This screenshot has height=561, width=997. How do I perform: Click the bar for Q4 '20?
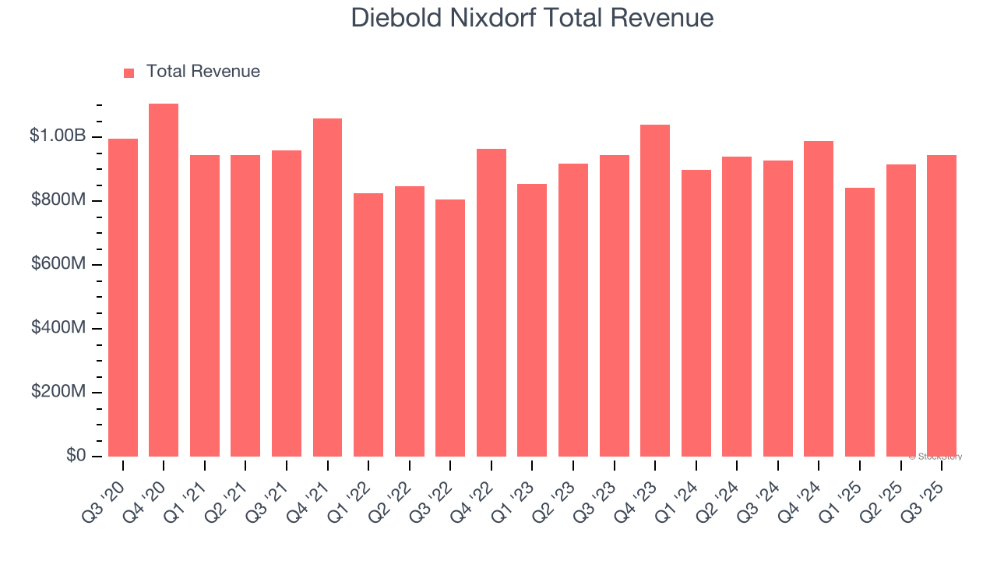coord(164,280)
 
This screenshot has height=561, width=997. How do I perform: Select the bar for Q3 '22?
coord(450,328)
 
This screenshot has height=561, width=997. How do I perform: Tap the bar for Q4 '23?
coord(655,291)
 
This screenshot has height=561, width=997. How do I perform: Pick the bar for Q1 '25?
coord(860,322)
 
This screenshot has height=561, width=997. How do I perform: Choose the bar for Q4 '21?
coord(327,288)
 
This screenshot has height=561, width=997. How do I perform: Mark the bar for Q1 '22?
coord(368,325)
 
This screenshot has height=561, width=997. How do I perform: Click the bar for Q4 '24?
coord(819,299)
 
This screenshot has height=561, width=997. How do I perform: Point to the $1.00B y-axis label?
coord(58,136)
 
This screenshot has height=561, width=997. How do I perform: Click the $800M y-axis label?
coord(58,200)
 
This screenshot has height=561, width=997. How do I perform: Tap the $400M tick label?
coord(58,328)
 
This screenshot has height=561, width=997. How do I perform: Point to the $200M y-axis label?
coord(58,392)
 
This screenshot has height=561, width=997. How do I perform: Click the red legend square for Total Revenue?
coord(129,73)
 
